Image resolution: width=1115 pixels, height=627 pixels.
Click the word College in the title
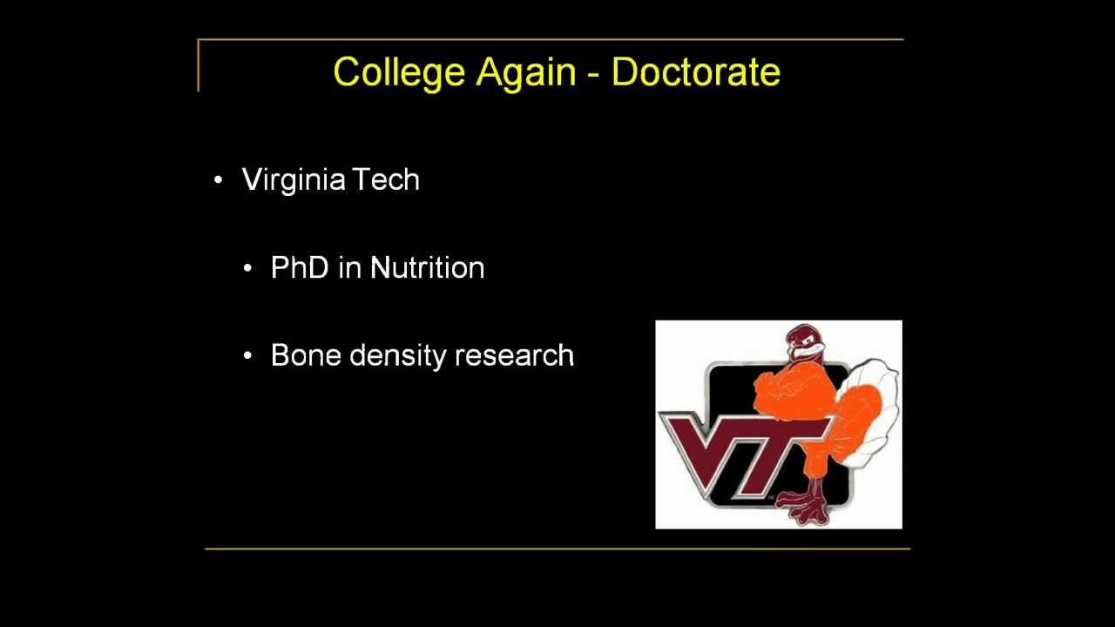(x=399, y=72)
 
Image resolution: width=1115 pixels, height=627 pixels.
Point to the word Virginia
(x=294, y=180)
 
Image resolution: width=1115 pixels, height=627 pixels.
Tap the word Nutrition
(x=427, y=267)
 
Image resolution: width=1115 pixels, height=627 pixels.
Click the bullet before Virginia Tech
(x=219, y=180)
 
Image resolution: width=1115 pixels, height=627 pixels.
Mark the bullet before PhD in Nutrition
(x=248, y=268)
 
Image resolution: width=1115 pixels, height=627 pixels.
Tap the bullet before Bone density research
(x=248, y=356)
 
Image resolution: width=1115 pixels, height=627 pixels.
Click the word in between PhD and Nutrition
(x=348, y=267)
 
